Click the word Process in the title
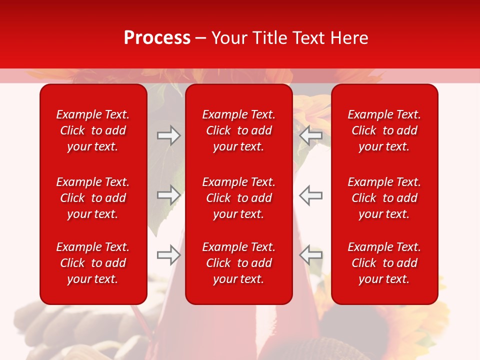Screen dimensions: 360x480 click(x=157, y=38)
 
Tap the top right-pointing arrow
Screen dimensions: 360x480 click(x=169, y=135)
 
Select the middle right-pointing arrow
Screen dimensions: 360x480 click(x=169, y=195)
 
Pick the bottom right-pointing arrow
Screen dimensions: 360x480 click(x=169, y=255)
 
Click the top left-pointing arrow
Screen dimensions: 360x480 click(x=310, y=135)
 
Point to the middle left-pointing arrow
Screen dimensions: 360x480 click(x=310, y=195)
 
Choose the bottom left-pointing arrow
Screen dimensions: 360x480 click(x=310, y=255)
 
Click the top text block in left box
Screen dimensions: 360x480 click(x=93, y=130)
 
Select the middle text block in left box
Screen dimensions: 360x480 click(x=93, y=198)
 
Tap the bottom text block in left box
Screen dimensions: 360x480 click(x=93, y=263)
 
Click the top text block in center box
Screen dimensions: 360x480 click(x=238, y=130)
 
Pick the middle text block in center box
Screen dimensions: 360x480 click(x=238, y=198)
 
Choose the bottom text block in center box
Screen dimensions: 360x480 click(x=238, y=263)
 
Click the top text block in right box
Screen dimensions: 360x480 click(x=384, y=130)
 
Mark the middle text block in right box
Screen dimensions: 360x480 click(x=384, y=198)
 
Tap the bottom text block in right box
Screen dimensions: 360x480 click(x=384, y=263)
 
